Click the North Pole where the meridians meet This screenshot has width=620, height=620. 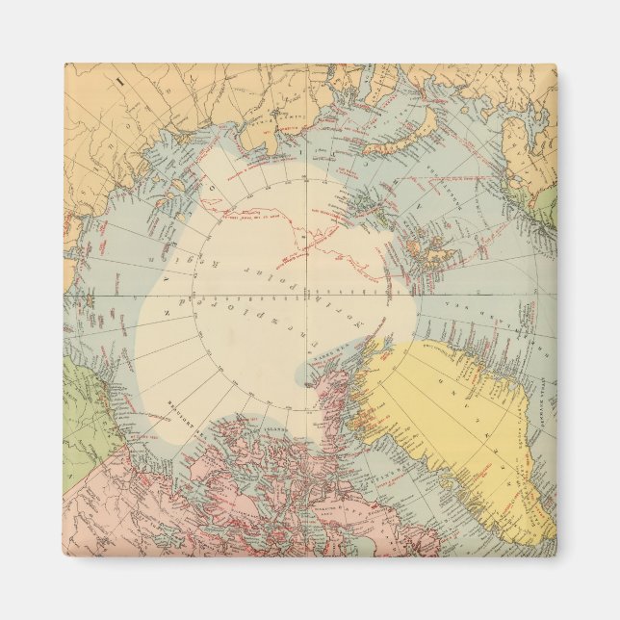pyautogui.click(x=307, y=295)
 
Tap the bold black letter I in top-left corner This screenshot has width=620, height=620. pyautogui.click(x=121, y=83)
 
